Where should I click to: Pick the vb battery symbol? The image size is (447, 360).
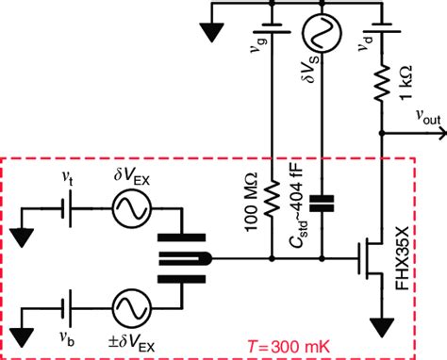63,308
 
